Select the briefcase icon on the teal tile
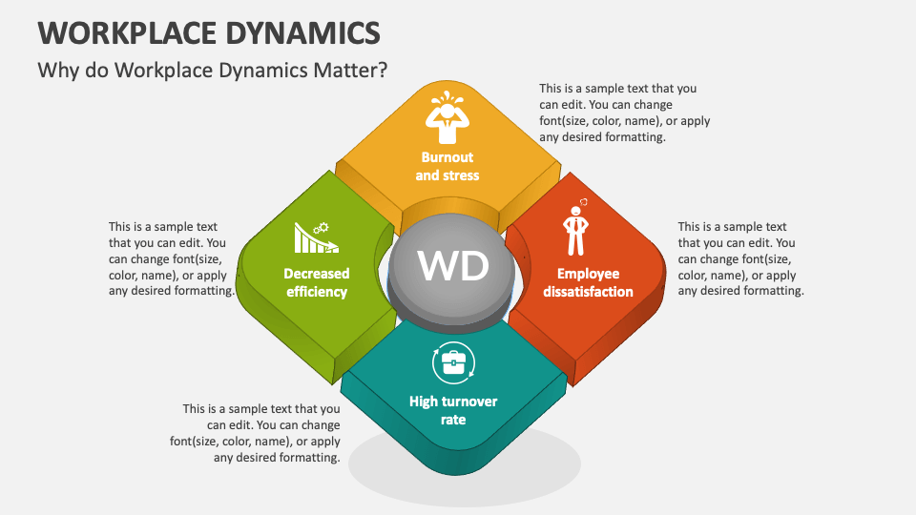pyautogui.click(x=454, y=362)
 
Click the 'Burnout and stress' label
pyautogui.click(x=447, y=166)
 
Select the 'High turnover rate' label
pyautogui.click(x=453, y=410)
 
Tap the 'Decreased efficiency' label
pyautogui.click(x=317, y=282)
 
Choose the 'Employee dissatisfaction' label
pyautogui.click(x=588, y=282)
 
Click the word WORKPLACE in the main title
pyautogui.click(x=122, y=32)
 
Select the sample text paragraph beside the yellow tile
pyautogui.click(x=624, y=113)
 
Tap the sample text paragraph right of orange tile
pyautogui.click(x=739, y=258)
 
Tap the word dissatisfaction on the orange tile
pyautogui.click(x=588, y=292)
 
